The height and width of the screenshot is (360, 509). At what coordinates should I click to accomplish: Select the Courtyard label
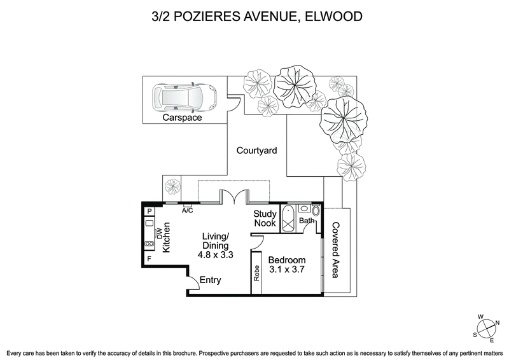[x=256, y=151]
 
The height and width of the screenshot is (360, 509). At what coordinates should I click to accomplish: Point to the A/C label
[x=188, y=211]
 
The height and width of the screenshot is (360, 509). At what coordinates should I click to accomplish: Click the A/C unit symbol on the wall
[x=188, y=205]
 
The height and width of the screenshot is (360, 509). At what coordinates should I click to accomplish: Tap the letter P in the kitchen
[x=150, y=212]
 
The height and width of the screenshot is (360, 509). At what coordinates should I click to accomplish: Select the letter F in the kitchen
[x=150, y=260]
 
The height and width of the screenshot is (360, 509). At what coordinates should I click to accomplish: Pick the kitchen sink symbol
[x=150, y=223]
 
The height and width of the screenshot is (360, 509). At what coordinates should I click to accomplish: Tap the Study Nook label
[x=265, y=219]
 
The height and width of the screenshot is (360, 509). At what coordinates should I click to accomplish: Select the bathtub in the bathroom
[x=289, y=218]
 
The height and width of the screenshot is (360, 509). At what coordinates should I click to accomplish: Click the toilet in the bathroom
[x=316, y=211]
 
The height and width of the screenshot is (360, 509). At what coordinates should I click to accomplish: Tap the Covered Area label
[x=335, y=250]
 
